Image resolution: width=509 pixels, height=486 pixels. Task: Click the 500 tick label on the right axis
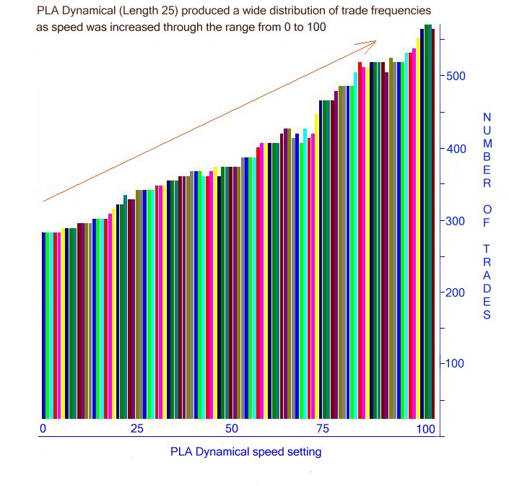(456, 77)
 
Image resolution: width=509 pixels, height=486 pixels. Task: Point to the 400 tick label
(456, 149)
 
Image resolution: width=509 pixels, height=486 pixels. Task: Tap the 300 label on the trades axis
(456, 221)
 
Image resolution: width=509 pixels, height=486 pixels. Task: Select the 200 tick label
(456, 292)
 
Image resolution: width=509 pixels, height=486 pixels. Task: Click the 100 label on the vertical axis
(456, 363)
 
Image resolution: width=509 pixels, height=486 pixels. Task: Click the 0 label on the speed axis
(43, 429)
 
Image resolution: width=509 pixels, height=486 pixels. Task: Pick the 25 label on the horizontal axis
(137, 429)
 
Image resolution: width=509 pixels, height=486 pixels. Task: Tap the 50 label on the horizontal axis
(231, 429)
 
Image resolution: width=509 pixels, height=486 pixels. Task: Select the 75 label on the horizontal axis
(323, 429)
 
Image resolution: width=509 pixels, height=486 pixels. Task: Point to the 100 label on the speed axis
(425, 429)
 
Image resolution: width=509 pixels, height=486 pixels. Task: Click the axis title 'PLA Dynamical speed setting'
(245, 452)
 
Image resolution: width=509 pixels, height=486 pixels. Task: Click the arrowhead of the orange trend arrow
(374, 43)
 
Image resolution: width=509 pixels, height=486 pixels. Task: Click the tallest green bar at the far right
(428, 217)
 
